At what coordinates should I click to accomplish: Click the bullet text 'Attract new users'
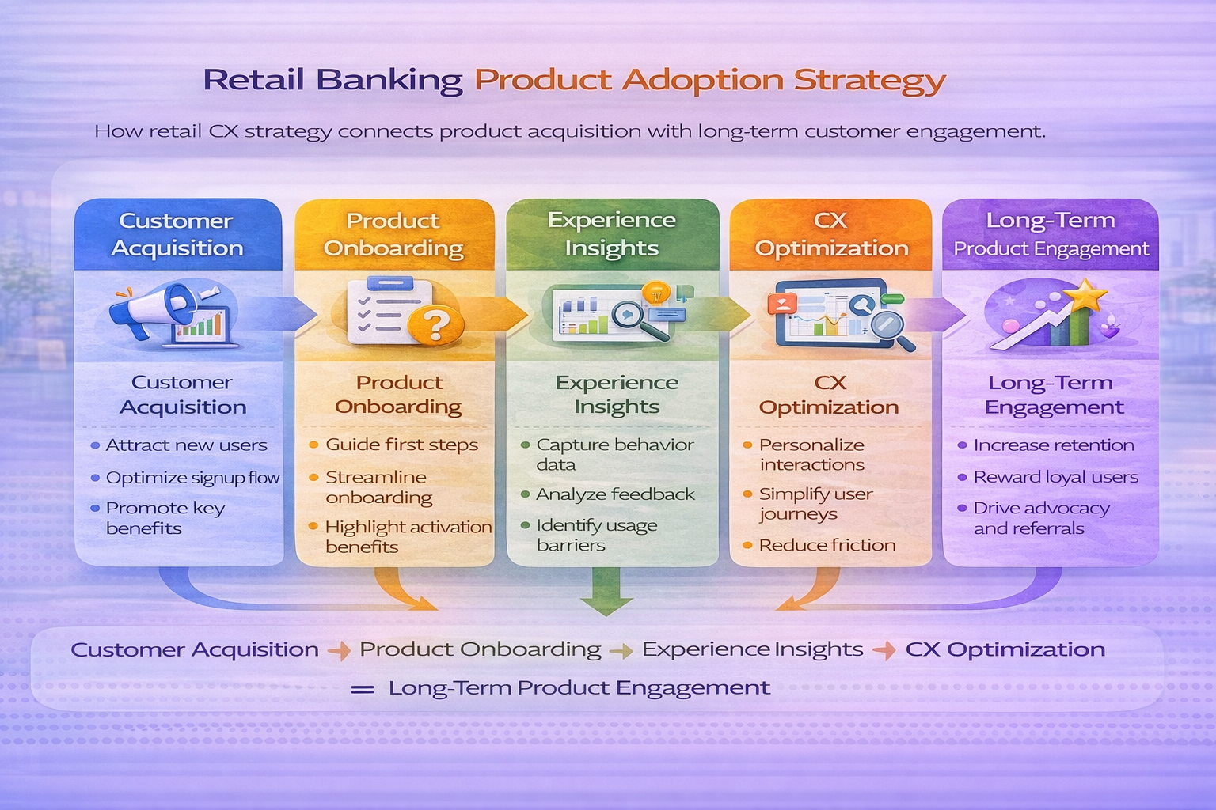coord(186,445)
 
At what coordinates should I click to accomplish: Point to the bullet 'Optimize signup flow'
coord(192,478)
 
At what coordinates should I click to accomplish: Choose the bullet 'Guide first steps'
coord(401,445)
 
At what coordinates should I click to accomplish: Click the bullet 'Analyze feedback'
coord(614,494)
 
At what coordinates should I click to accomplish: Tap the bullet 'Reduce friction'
coord(826,545)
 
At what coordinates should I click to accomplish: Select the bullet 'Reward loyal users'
coord(1055,477)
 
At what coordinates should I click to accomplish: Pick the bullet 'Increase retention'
coord(1053,445)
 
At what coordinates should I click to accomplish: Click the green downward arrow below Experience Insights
coord(606,593)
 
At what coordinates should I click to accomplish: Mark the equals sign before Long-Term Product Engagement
coord(363,689)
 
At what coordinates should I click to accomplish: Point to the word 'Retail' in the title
coord(253,80)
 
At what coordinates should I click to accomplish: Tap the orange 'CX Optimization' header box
coord(830,234)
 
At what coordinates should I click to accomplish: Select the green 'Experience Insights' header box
coord(612,234)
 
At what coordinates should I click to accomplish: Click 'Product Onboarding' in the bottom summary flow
coord(480,649)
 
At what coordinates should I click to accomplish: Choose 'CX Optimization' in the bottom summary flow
coord(1005,649)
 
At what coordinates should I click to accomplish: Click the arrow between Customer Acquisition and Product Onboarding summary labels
coord(339,651)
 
